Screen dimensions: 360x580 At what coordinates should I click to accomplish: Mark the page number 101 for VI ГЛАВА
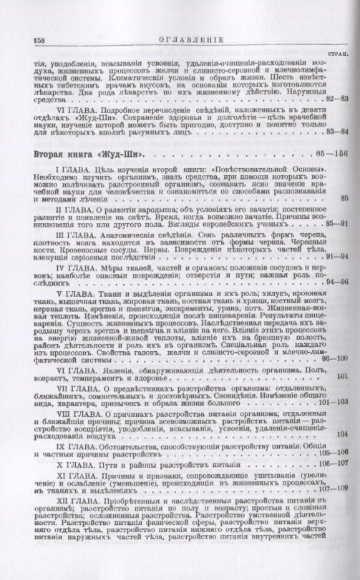coord(341,416)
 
